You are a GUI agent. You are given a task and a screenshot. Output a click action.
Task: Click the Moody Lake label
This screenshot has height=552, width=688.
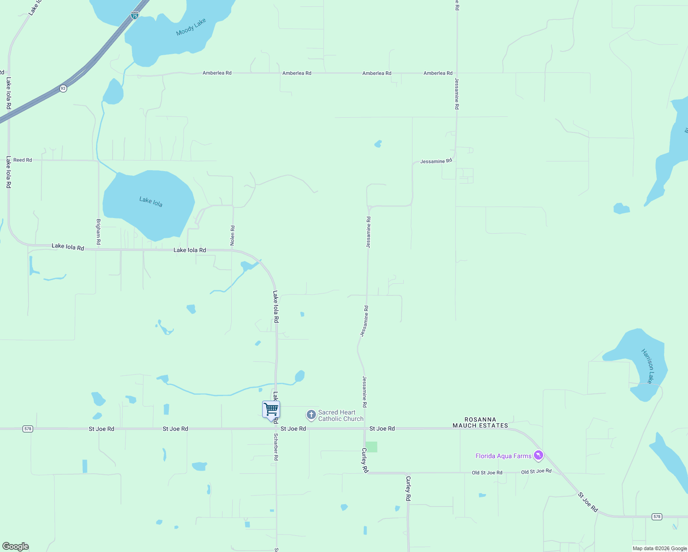point(191,27)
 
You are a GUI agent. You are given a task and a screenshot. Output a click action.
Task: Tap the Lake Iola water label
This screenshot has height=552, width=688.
point(151,201)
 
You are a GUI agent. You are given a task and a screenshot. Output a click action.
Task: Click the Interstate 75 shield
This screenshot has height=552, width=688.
point(134,15)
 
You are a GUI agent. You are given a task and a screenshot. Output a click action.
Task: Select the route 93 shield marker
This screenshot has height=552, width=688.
point(63,88)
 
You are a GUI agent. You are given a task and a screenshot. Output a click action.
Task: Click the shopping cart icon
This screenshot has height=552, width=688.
point(271,409)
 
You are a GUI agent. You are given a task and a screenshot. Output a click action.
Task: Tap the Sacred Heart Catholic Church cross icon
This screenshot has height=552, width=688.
point(311,415)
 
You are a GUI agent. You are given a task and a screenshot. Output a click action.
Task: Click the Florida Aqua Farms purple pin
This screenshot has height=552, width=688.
point(539,455)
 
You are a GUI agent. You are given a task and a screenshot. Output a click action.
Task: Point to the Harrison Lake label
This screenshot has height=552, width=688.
point(648,366)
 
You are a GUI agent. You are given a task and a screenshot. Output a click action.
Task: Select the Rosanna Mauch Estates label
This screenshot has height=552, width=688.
point(480,423)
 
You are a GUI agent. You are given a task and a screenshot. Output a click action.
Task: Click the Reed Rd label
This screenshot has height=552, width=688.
point(23,160)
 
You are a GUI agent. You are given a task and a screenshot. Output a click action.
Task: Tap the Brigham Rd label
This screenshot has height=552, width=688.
point(98,232)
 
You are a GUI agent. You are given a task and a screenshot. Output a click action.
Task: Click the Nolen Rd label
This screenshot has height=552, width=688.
point(233,235)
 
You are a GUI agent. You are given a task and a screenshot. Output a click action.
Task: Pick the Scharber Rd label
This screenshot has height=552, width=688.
point(276,447)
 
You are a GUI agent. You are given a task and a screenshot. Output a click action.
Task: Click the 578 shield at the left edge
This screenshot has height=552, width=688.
point(28,429)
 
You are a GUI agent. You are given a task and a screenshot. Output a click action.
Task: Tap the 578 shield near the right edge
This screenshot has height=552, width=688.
point(657,517)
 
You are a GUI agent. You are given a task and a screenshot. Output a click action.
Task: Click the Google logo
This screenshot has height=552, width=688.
point(16,546)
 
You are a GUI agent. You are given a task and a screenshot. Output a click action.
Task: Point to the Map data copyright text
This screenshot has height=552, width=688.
point(659,548)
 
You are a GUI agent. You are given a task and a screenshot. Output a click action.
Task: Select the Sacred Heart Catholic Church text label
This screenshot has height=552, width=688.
point(340,416)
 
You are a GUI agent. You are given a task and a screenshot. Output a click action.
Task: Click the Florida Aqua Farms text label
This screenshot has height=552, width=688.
point(503,456)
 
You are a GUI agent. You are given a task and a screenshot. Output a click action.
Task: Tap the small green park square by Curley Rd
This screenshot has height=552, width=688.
point(372,447)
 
